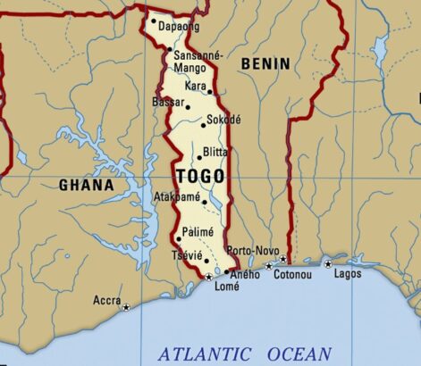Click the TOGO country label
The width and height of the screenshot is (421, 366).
[x=199, y=176]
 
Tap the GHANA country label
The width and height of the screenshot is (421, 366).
[x=86, y=186]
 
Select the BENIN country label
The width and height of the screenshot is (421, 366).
[x=265, y=63]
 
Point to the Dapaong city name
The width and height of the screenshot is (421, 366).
[x=179, y=28]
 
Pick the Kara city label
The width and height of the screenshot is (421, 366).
[x=194, y=86]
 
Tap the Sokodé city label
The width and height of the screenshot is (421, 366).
[x=223, y=119]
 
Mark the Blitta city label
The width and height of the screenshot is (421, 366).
[x=215, y=152]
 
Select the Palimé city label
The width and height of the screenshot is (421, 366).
[x=198, y=232]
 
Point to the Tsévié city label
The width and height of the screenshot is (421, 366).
[x=185, y=255]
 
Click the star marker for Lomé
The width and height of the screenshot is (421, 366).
[x=209, y=278]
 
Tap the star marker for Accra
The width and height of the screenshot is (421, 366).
[x=126, y=307]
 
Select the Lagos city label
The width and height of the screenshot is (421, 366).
[x=348, y=273]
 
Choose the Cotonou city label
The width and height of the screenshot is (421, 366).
[x=291, y=274]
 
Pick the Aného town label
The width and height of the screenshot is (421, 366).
[x=246, y=274]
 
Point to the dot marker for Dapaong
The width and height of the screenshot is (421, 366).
[x=154, y=21]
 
